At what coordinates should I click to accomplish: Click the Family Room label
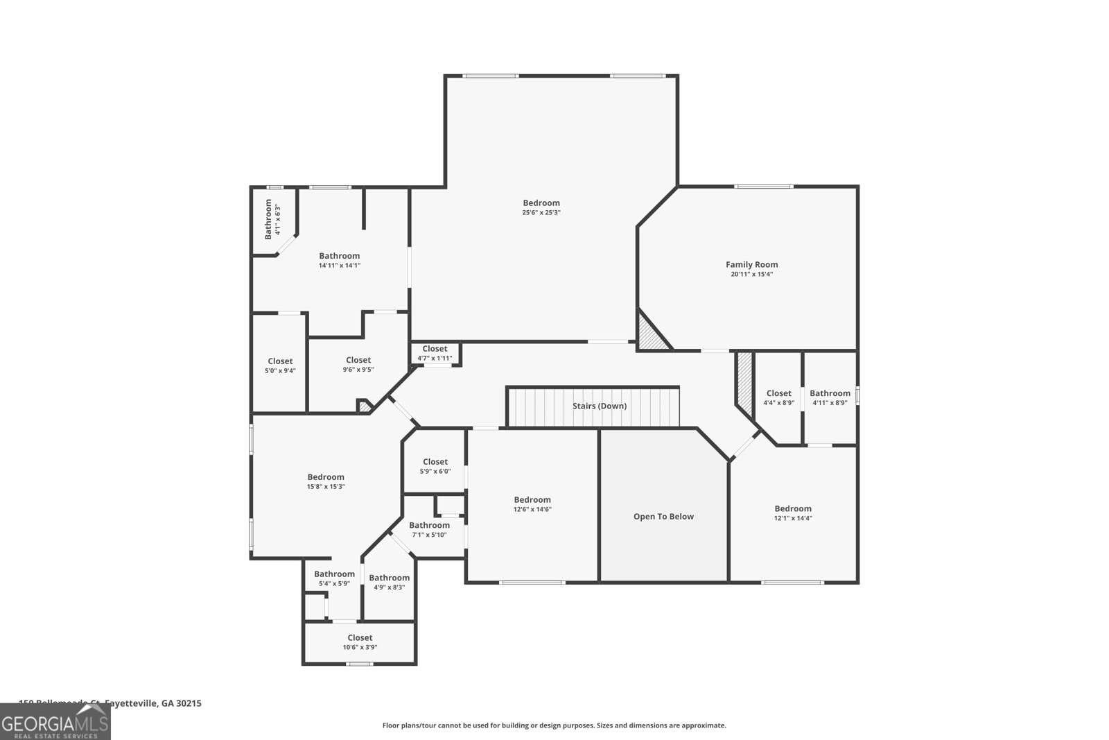tap(751, 264)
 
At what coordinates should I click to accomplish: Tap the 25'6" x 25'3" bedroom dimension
tap(541, 212)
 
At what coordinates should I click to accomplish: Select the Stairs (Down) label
tap(600, 406)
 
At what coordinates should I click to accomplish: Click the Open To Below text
tap(663, 517)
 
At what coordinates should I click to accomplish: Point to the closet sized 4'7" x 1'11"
tap(435, 353)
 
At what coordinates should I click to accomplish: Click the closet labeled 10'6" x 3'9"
tap(360, 642)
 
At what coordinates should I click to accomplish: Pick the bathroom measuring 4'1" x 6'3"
tap(272, 218)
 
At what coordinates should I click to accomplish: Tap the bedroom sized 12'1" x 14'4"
tap(793, 513)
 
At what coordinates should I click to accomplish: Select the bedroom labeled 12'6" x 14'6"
tap(532, 504)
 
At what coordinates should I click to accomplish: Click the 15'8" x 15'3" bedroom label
tap(326, 481)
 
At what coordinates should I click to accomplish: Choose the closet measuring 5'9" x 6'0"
tap(435, 466)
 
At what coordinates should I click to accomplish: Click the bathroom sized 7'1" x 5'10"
tap(429, 530)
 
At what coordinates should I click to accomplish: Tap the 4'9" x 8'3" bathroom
tap(389, 582)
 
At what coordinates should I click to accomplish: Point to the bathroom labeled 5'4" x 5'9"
tap(334, 578)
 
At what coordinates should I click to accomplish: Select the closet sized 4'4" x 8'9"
tap(778, 397)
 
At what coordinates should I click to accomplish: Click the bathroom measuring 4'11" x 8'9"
tap(830, 397)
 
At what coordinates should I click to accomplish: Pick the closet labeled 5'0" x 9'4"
tap(280, 365)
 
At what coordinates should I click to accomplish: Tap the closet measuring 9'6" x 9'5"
tap(358, 364)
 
